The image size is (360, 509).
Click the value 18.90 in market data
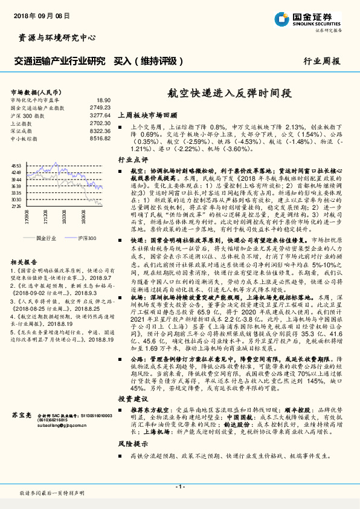pos(103,100)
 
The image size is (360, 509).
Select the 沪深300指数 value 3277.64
pos(100,115)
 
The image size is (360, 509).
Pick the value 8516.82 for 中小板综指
pos(100,138)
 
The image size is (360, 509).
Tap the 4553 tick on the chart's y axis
pos(16,165)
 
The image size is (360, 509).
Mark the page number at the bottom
pos(179,487)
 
